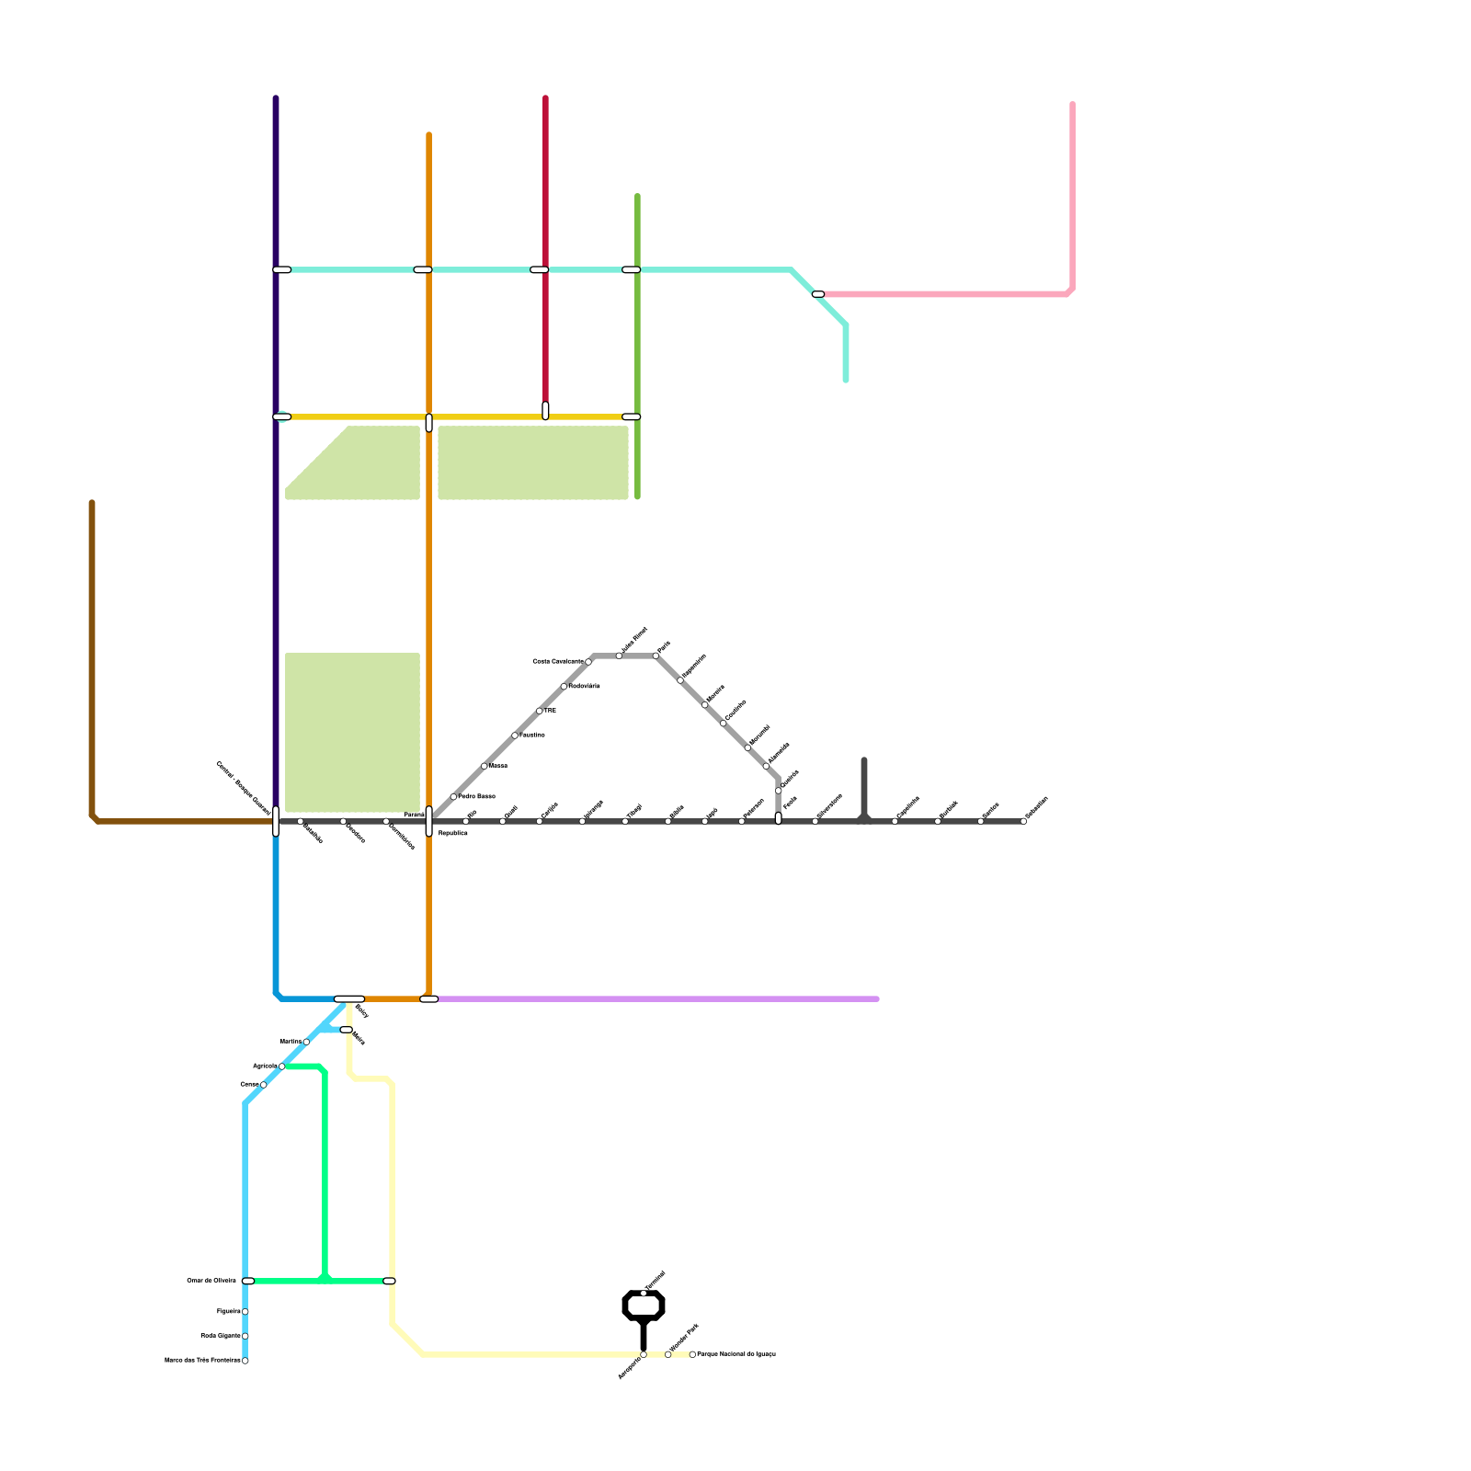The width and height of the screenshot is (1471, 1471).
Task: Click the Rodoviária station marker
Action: tap(564, 686)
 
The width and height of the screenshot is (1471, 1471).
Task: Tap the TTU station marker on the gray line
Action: tap(540, 711)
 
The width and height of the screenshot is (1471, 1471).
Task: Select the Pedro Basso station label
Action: tap(476, 796)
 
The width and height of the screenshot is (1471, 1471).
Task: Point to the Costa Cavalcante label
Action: tap(557, 661)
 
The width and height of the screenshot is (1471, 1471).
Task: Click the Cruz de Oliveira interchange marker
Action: tap(248, 1281)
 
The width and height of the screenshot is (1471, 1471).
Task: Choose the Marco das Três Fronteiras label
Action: tap(202, 1360)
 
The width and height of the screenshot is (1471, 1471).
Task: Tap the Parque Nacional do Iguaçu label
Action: tap(735, 1354)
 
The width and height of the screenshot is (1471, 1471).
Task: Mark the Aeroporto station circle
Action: tap(644, 1354)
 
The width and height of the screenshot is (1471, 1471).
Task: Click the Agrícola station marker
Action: tap(282, 1066)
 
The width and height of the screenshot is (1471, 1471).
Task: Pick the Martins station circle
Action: tap(306, 1042)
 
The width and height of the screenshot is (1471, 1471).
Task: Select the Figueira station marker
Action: tap(245, 1312)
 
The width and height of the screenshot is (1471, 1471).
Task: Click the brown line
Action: tap(92, 662)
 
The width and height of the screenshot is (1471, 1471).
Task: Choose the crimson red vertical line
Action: tap(545, 184)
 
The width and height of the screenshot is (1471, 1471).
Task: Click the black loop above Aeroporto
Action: tap(644, 1306)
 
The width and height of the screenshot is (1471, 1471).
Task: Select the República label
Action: tap(452, 833)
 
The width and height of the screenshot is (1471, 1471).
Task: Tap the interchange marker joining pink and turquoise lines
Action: tap(818, 294)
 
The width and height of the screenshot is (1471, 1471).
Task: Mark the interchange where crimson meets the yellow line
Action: tap(545, 411)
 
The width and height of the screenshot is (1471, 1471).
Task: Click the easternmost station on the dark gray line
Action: tap(1023, 821)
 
